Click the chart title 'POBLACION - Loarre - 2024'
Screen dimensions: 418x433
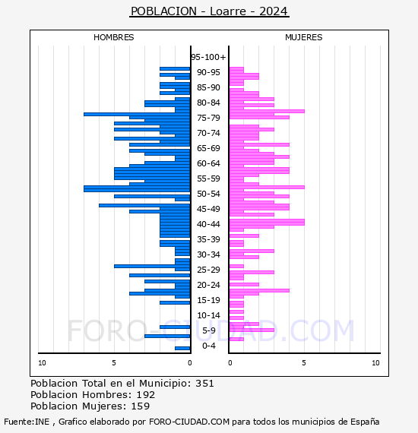(209, 11)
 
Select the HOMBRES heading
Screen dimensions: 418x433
(113, 37)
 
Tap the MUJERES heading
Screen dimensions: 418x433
(304, 37)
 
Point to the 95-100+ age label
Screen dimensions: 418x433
(208, 57)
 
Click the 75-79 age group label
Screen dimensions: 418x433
(208, 118)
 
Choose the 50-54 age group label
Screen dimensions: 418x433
(208, 194)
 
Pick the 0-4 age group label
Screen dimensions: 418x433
(208, 346)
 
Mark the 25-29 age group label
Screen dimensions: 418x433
(208, 270)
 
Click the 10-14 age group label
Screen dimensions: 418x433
(208, 315)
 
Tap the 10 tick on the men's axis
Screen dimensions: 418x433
(42, 363)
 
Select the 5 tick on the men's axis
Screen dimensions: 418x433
(114, 363)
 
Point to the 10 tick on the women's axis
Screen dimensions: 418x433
(375, 363)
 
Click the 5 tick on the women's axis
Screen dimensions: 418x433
(304, 363)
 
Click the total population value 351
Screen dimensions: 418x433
(204, 384)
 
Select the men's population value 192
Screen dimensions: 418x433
(146, 394)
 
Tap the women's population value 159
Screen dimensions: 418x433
(141, 406)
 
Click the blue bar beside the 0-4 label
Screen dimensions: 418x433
(182, 348)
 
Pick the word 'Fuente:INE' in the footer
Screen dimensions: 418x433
(27, 422)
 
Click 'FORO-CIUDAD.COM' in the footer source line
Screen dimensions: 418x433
(189, 422)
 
